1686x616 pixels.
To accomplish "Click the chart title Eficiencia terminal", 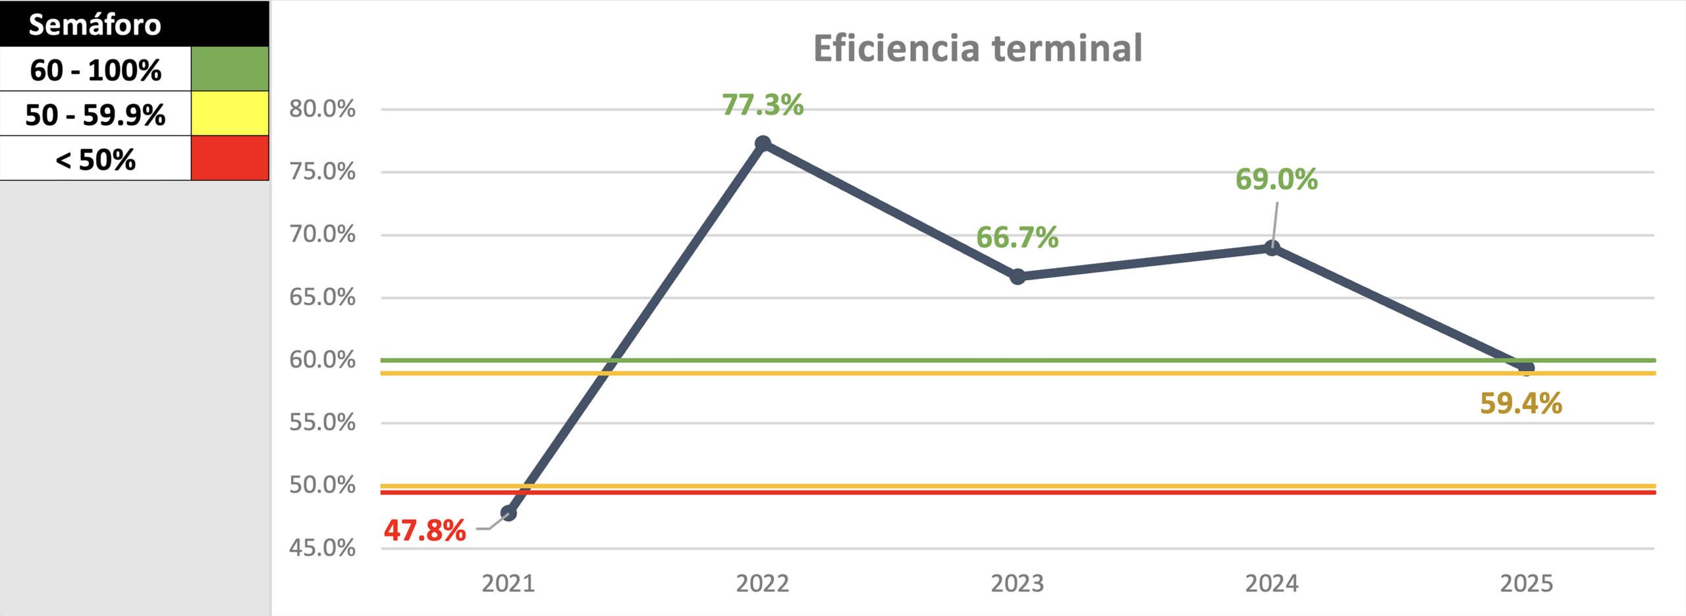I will click(977, 48).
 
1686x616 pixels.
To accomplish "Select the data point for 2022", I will click(763, 143).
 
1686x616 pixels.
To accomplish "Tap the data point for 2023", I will click(1018, 277).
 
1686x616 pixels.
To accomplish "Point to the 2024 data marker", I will click(1272, 248).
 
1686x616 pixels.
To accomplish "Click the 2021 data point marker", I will click(508, 513).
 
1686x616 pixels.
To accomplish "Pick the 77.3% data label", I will click(763, 105).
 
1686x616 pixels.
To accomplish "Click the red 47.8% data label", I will click(425, 530).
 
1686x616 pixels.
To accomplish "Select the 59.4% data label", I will click(1521, 403).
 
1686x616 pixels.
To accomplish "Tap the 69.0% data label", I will click(1276, 179).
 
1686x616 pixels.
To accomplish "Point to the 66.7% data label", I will click(1017, 237).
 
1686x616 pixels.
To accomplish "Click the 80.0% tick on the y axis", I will click(322, 109).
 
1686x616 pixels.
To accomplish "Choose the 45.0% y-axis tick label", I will click(322, 547).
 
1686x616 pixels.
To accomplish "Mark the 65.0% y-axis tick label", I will click(322, 297).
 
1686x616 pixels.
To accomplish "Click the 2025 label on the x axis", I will click(1526, 584).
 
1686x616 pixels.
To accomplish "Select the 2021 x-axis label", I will click(508, 584).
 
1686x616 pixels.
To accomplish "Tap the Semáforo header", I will click(95, 25).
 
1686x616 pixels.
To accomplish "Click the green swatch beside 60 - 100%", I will click(230, 69).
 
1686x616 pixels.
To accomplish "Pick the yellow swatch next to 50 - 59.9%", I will click(230, 113).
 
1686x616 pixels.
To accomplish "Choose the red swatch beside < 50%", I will click(230, 158).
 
